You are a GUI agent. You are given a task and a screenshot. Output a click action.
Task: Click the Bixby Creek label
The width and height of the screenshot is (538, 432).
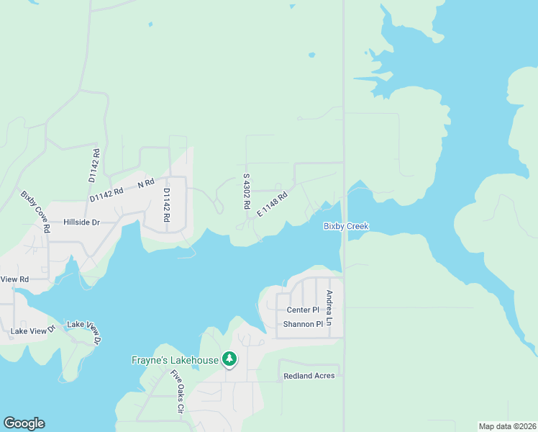346,226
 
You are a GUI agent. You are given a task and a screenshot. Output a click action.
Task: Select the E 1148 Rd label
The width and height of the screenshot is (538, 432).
270,204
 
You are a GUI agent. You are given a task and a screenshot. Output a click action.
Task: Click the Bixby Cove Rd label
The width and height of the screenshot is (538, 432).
35,212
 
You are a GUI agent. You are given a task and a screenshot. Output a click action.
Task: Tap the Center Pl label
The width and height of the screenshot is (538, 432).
303,310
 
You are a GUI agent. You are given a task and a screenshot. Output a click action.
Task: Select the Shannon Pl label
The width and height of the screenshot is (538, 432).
303,324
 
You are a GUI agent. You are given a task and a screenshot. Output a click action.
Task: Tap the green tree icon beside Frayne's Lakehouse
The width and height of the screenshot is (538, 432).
229,358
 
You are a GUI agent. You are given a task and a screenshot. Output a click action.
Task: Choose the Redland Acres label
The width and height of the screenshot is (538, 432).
309,376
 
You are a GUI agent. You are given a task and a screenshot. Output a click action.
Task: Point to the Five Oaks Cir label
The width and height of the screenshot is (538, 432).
177,392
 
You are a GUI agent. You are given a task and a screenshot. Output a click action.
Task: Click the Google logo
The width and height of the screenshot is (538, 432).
24,423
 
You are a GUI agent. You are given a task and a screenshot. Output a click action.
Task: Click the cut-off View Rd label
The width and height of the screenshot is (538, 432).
14,279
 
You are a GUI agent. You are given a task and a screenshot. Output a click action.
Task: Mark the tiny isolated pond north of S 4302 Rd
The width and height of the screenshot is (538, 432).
311,54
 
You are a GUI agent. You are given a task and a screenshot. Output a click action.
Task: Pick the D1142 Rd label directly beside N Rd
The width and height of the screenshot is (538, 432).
107,194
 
